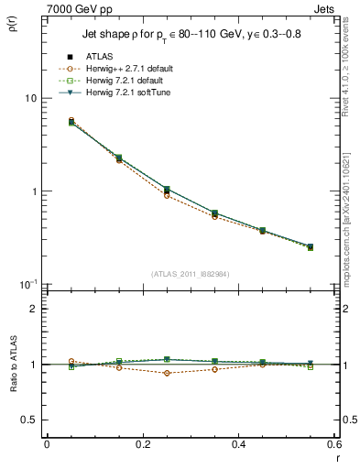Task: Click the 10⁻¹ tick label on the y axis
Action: coord(27,284)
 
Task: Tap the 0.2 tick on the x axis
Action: coord(142,445)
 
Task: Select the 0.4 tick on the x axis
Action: coord(238,445)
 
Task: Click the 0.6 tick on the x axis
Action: coord(333,445)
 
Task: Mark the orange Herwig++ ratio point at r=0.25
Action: coord(167,373)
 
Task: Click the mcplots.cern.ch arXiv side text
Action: coord(348,220)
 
